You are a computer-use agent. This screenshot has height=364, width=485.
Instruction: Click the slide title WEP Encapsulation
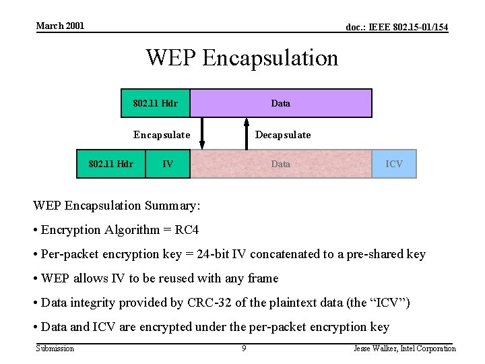[242, 58]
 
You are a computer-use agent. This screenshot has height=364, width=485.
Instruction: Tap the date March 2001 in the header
[60, 26]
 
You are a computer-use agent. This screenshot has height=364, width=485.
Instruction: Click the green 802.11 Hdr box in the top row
[155, 103]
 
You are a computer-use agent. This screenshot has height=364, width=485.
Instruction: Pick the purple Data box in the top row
[280, 103]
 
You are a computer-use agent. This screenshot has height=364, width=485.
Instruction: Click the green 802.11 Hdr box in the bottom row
[111, 164]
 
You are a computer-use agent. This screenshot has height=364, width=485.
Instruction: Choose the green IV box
[168, 164]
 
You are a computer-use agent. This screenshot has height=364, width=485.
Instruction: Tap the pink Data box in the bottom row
[280, 164]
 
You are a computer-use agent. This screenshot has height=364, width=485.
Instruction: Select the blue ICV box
[394, 164]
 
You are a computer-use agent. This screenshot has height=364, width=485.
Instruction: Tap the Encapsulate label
[162, 135]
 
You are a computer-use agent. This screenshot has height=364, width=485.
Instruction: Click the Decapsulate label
[283, 135]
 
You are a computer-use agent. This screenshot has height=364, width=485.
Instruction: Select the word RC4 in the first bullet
[187, 230]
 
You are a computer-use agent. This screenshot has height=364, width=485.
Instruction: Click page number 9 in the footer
[244, 348]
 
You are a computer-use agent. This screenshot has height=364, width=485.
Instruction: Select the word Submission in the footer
[55, 348]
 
